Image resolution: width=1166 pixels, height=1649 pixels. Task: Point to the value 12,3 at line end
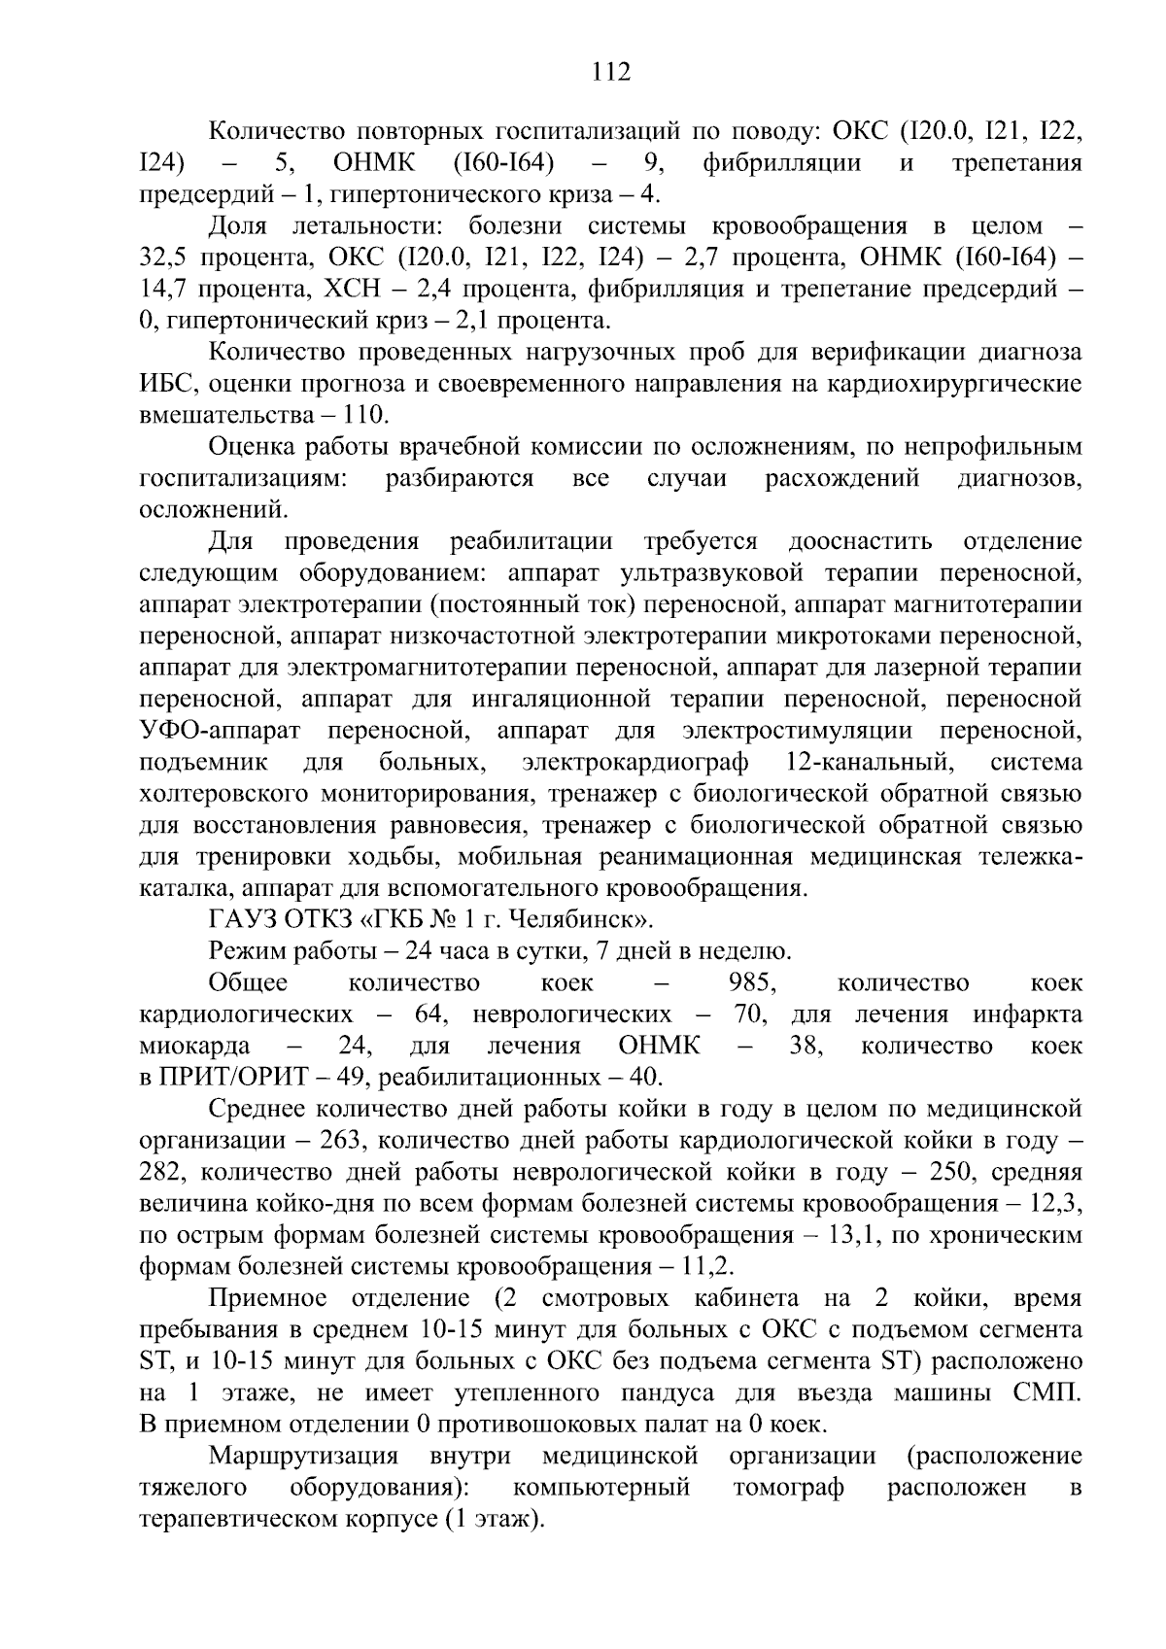(x=1057, y=1204)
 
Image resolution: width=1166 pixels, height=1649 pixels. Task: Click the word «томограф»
(x=788, y=1488)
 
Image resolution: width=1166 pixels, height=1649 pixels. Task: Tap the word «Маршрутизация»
(x=304, y=1456)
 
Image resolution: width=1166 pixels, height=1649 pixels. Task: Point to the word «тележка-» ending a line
(x=1036, y=856)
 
